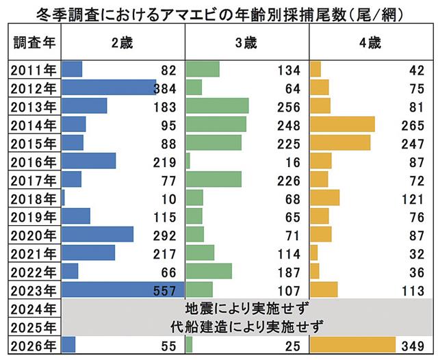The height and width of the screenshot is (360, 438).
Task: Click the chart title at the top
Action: click(x=218, y=12)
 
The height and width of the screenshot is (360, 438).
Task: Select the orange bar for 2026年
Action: click(x=353, y=344)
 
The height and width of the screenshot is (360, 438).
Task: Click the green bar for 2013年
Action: click(x=217, y=106)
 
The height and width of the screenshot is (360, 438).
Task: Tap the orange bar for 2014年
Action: click(x=342, y=124)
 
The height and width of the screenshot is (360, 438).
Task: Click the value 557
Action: click(x=166, y=290)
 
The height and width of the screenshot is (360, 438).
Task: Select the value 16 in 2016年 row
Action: click(x=293, y=161)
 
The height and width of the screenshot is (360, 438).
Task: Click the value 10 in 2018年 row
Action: click(x=170, y=198)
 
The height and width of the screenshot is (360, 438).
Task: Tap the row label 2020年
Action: click(x=34, y=235)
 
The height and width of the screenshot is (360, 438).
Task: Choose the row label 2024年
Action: click(x=34, y=307)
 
